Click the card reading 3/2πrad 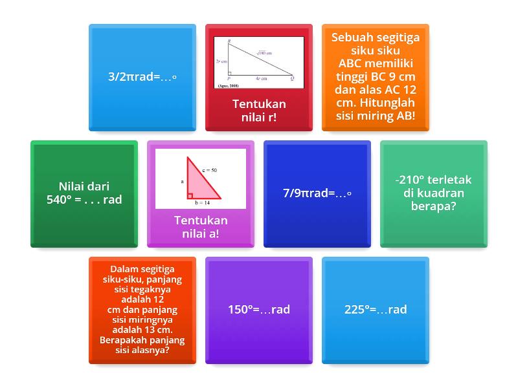pos(142,77)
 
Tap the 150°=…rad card pos(259,310)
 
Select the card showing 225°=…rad pos(376,310)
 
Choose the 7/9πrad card pos(317,193)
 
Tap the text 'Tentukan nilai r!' pos(259,111)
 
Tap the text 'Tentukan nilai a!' pos(201,226)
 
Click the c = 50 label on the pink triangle pos(209,170)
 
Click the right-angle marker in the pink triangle pos(190,195)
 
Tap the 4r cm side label pos(261,78)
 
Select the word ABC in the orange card pos(352,64)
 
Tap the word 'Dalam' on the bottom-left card pos(124,269)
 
